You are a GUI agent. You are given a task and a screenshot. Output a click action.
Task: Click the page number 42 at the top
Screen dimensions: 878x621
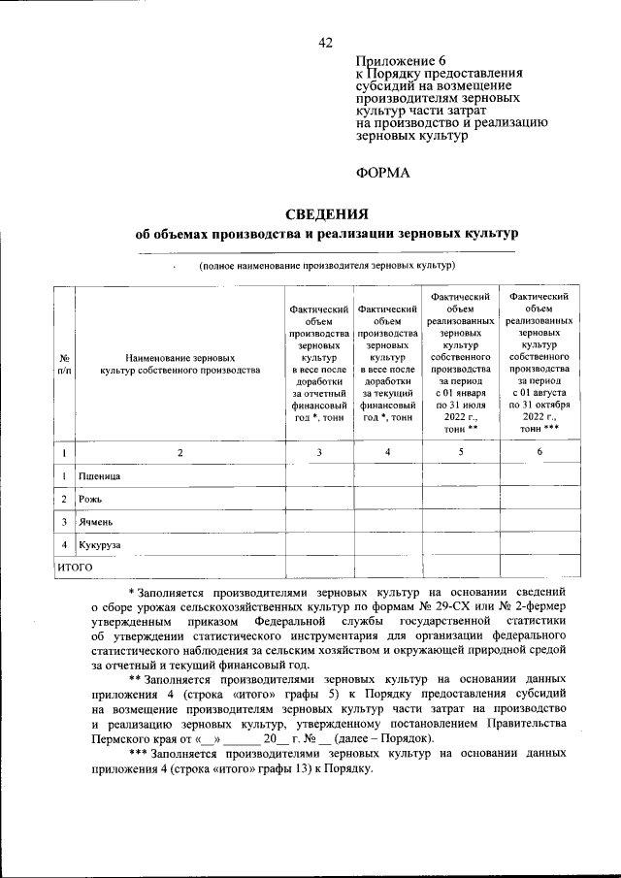325,42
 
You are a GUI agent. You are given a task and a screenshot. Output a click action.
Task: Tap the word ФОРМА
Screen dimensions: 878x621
383,173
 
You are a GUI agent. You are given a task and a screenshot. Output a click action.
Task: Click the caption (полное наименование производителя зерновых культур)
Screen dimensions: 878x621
327,265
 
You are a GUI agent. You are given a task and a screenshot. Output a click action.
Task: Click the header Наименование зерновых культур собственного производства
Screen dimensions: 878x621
180,364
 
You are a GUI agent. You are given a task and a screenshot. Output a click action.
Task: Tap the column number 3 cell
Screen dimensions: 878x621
319,452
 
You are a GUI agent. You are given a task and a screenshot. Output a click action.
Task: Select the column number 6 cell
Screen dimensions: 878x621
539,452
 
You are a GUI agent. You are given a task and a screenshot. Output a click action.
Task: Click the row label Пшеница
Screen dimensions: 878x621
101,477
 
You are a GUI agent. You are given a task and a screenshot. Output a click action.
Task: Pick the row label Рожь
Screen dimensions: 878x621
90,500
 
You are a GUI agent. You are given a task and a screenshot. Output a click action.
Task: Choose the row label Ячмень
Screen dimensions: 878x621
97,522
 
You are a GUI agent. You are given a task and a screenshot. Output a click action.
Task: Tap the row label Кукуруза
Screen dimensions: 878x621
101,545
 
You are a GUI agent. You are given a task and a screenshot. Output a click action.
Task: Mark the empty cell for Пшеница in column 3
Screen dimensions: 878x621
319,477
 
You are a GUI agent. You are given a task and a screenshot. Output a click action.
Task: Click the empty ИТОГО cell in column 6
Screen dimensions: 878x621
539,567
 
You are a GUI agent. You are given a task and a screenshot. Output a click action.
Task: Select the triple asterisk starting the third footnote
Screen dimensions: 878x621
139,753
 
